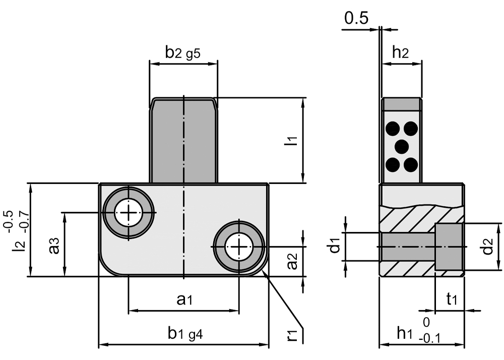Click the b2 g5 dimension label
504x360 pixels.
point(183,52)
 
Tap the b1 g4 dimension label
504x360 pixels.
point(184,333)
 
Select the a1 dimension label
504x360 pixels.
point(184,299)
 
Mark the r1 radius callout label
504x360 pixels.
point(293,333)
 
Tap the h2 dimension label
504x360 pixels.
point(401,52)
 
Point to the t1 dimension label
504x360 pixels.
point(452,299)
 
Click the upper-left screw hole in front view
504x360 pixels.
point(129,212)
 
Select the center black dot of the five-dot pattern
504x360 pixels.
point(401,147)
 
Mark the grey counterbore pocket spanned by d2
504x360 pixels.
point(449,247)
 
